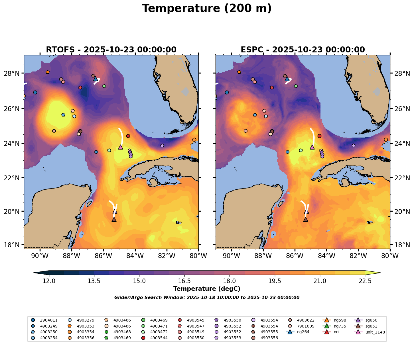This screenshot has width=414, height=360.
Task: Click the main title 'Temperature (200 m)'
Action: pyautogui.click(x=207, y=9)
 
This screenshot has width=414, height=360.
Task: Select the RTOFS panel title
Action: pyautogui.click(x=111, y=50)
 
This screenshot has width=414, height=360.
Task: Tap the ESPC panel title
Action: pyautogui.click(x=303, y=50)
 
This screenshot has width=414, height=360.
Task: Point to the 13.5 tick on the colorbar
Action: pyautogui.click(x=94, y=281)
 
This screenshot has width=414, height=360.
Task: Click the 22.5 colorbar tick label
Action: pyautogui.click(x=365, y=281)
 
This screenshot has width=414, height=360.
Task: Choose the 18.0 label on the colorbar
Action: pyautogui.click(x=230, y=281)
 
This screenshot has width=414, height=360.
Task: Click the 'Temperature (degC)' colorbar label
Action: pyautogui.click(x=207, y=289)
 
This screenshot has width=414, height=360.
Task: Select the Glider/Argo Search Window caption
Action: pyautogui.click(x=207, y=298)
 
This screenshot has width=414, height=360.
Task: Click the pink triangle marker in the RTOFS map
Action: pyautogui.click(x=121, y=147)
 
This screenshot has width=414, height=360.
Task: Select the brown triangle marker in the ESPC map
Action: pyautogui.click(x=306, y=220)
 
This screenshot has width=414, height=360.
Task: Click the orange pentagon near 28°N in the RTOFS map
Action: pyautogui.click(x=48, y=72)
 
